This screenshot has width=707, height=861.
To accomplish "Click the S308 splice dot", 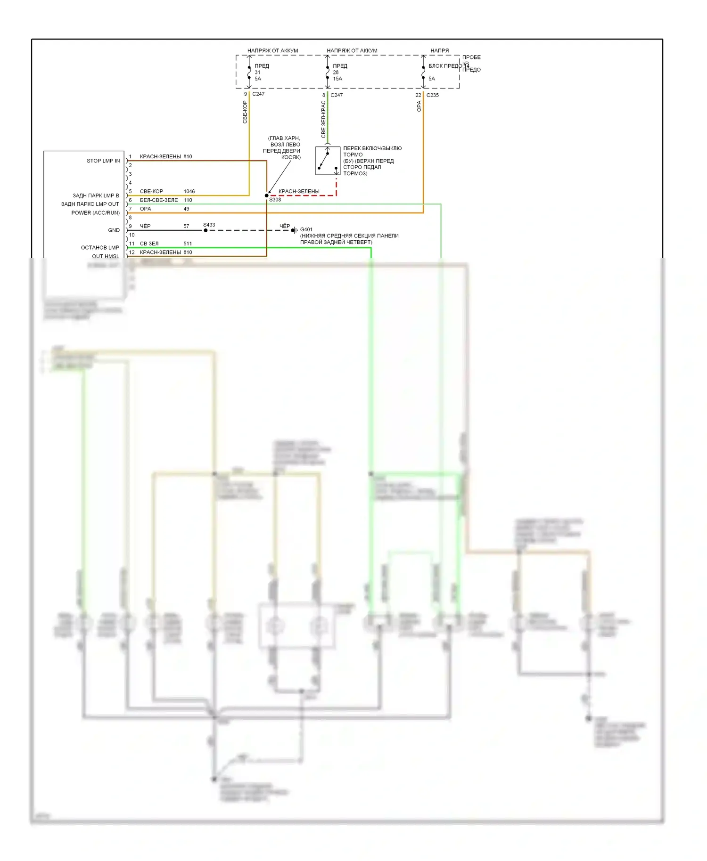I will (x=267, y=195).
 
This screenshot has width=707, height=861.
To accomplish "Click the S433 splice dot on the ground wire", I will (x=206, y=230).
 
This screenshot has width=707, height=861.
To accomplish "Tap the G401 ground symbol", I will (x=294, y=230).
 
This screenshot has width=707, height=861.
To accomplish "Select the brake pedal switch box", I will (x=328, y=161).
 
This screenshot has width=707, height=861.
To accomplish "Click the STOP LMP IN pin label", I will (x=103, y=161).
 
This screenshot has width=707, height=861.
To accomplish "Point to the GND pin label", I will (x=114, y=230).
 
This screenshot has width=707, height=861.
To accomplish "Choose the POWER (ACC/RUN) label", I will (x=95, y=213).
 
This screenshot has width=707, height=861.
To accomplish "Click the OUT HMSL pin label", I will (x=106, y=256).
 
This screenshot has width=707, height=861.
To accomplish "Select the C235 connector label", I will (x=432, y=95).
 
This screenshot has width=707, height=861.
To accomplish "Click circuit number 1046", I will (x=189, y=191).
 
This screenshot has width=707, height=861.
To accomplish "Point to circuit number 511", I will (x=188, y=244).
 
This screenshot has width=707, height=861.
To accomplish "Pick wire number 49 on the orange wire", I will (x=186, y=209).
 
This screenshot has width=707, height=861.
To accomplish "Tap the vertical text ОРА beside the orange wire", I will (x=419, y=106).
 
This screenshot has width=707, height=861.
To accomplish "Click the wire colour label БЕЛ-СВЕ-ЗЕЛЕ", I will (x=159, y=200).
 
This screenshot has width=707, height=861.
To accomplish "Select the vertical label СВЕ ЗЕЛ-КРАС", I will (x=323, y=120).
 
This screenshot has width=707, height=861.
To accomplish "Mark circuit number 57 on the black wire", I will (x=186, y=226).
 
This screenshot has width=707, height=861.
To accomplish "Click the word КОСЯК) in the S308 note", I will (x=291, y=157).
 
